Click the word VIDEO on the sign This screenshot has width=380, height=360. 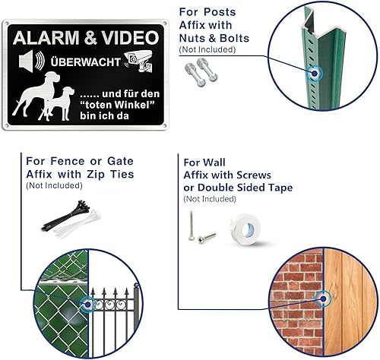click(x=131, y=38)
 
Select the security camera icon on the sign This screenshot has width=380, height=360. click(x=138, y=61)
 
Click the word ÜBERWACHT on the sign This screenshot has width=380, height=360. click(x=86, y=62)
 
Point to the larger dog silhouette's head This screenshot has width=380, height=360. click(x=52, y=77)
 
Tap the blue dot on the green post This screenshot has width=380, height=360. click(x=315, y=74)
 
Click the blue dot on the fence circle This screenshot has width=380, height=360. click(x=87, y=304)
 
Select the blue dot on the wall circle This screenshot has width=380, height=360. click(x=323, y=298)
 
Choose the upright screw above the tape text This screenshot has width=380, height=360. click(x=192, y=226)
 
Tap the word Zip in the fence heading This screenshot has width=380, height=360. click(x=96, y=175)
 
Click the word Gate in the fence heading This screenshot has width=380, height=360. click(x=120, y=161)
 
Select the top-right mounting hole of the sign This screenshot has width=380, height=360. click(x=165, y=24)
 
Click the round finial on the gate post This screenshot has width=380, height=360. click(x=136, y=286)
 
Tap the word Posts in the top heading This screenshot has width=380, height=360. click(x=220, y=12)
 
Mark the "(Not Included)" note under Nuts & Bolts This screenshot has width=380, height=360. click(x=207, y=49)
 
